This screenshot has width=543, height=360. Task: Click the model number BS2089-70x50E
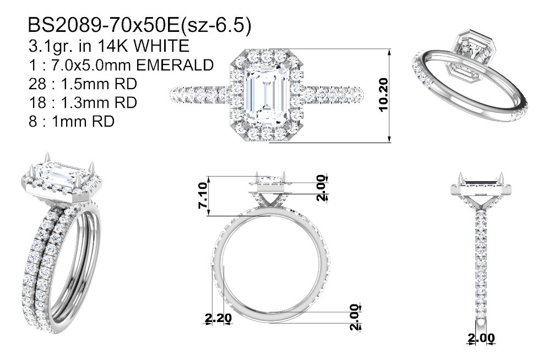[x=104, y=25]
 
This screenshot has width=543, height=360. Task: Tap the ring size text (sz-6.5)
[x=216, y=26]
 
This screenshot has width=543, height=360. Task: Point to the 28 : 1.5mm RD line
[x=83, y=84]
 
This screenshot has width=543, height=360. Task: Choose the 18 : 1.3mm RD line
[x=83, y=102]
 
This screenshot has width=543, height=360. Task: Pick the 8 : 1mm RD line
[x=72, y=121]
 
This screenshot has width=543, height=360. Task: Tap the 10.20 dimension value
[x=384, y=95]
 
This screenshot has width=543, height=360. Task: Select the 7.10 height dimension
[x=203, y=196]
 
